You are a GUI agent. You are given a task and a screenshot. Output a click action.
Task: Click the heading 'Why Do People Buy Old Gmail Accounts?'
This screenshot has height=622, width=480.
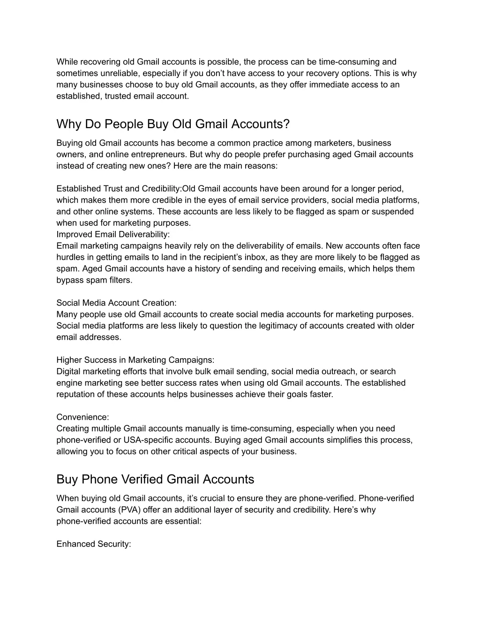(x=173, y=124)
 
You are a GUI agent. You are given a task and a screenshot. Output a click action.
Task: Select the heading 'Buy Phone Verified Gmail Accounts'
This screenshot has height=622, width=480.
(x=155, y=479)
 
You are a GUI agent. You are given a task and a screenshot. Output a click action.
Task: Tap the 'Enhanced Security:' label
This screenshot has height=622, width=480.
(x=94, y=544)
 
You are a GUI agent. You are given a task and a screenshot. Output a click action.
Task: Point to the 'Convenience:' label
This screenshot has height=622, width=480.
(x=82, y=417)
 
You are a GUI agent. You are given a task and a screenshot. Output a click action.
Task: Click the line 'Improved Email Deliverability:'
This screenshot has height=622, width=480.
(x=113, y=234)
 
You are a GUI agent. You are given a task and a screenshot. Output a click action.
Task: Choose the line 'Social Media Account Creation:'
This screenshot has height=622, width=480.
(x=116, y=303)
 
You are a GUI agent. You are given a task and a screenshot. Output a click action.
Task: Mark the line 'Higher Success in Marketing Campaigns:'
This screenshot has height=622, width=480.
(x=135, y=360)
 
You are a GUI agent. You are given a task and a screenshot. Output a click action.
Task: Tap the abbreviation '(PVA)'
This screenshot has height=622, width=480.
(x=130, y=510)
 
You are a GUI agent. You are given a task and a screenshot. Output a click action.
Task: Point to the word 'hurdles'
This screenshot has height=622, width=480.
(x=70, y=257)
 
